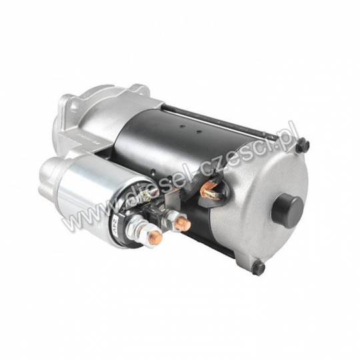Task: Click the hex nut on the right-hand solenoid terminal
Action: click(171, 218)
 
